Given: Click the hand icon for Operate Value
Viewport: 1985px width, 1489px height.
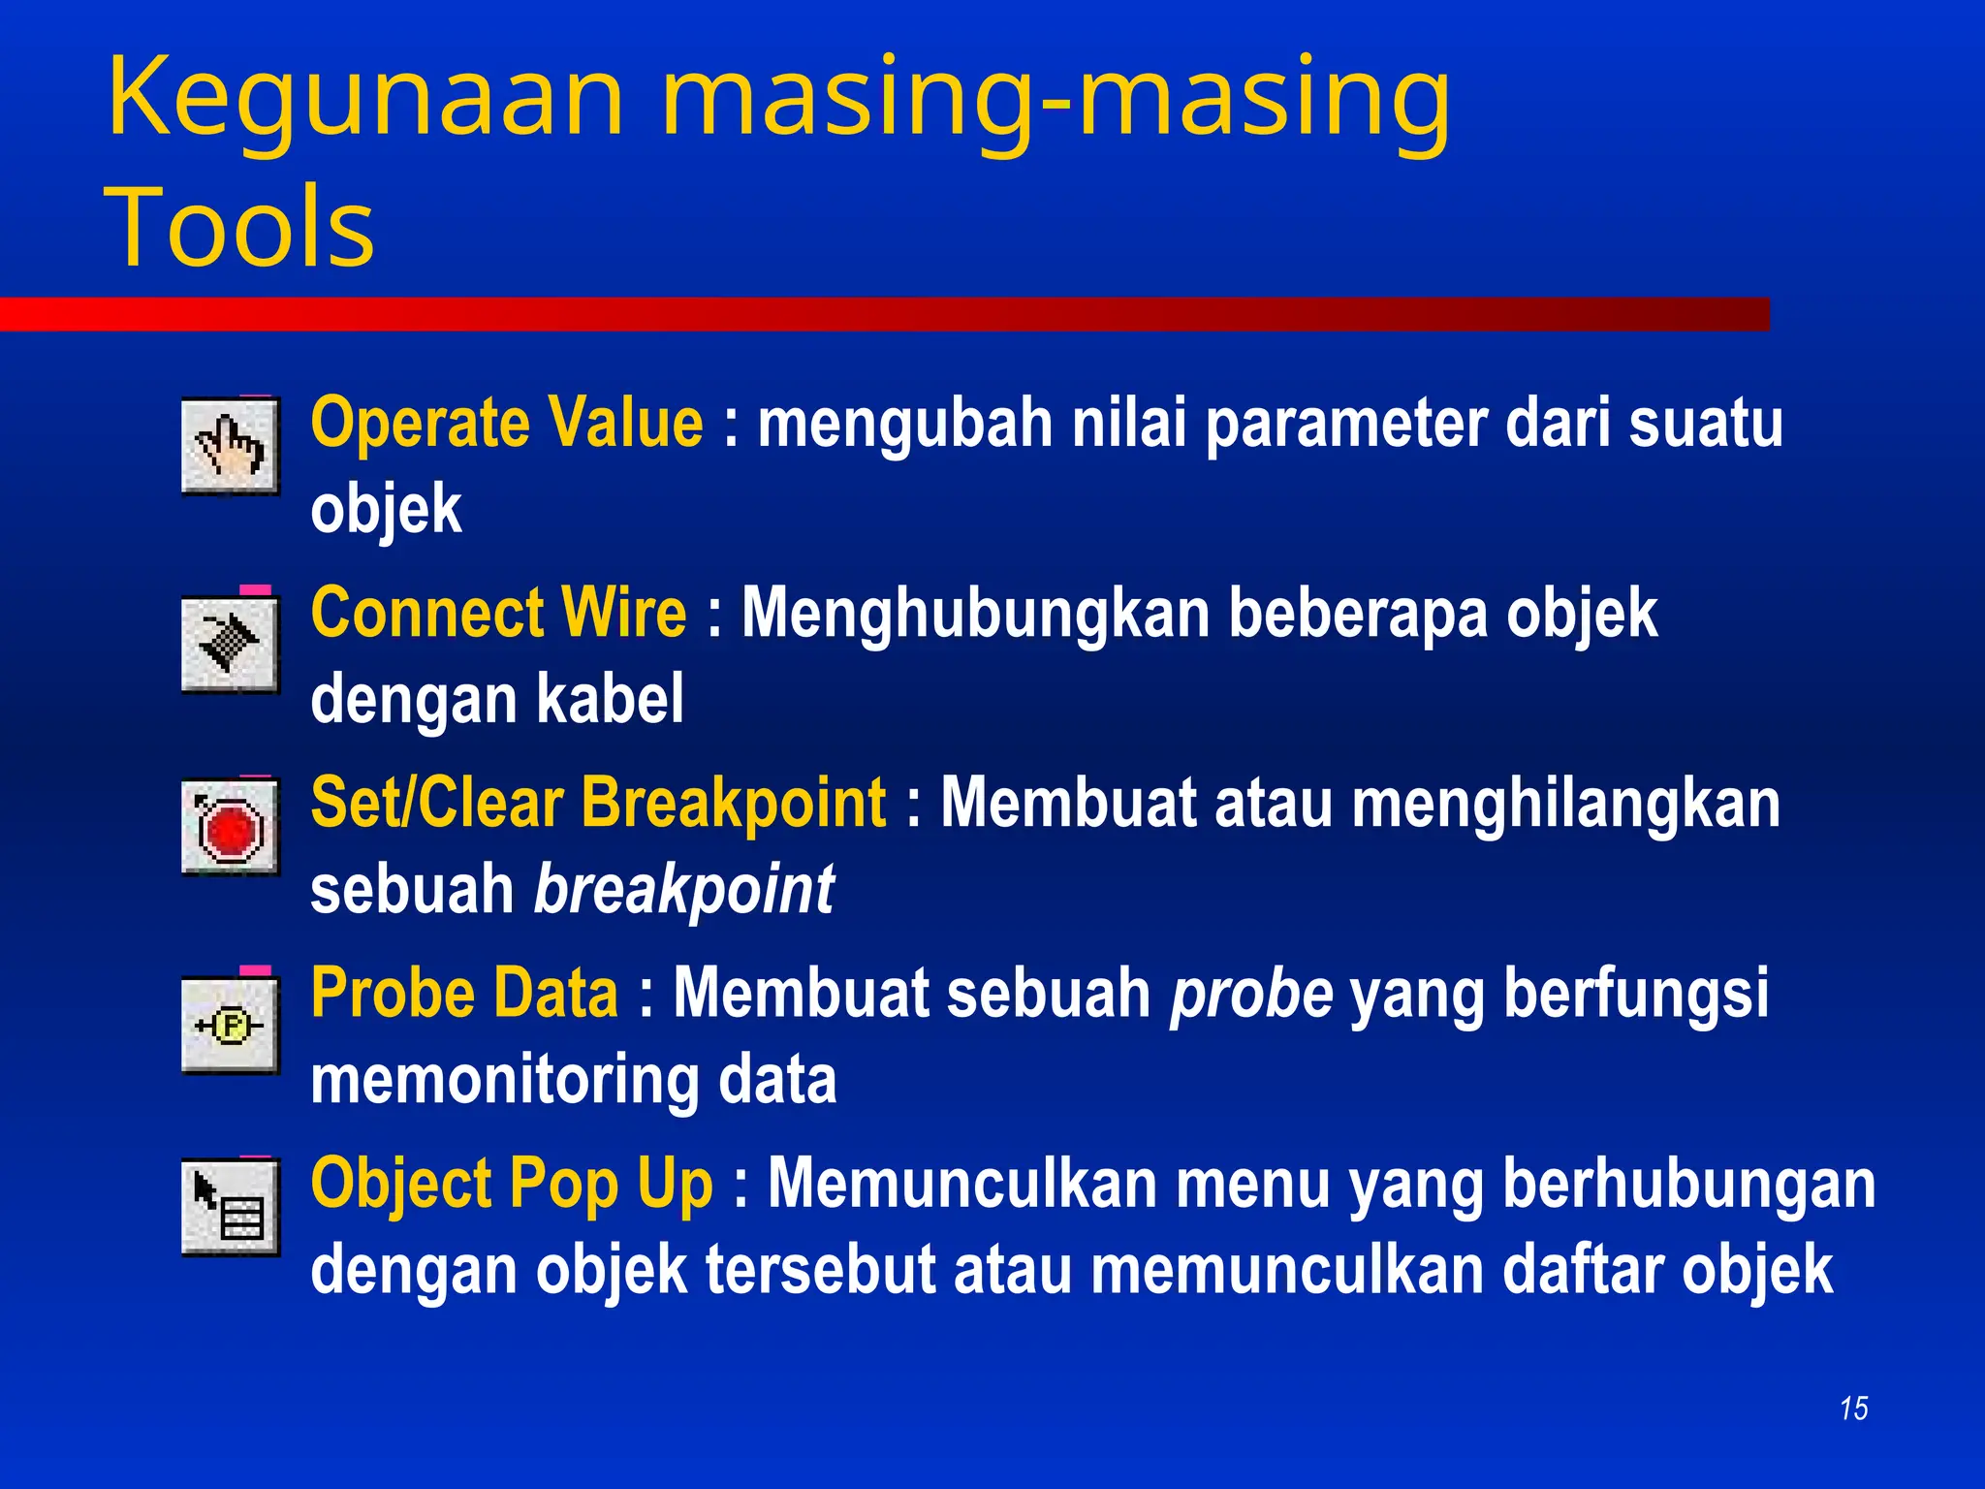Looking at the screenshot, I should [x=231, y=447].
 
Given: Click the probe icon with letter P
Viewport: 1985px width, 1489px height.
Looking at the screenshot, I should [x=231, y=1026].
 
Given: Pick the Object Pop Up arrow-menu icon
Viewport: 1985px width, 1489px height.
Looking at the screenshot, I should [x=231, y=1207].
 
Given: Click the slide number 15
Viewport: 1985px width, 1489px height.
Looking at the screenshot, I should [x=1853, y=1409].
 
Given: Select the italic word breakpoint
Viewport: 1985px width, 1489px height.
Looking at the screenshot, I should [x=683, y=890].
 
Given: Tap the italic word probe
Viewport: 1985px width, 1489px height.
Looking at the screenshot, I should [x=1251, y=995].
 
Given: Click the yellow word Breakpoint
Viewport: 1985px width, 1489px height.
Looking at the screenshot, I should [x=734, y=804].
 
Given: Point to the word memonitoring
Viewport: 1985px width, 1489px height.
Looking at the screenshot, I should [x=504, y=1080].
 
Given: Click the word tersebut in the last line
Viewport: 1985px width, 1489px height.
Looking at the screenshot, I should [x=820, y=1270].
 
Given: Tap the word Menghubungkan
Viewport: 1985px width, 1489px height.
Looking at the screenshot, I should [x=975, y=614].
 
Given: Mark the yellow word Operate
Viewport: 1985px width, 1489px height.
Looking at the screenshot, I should [x=419, y=425].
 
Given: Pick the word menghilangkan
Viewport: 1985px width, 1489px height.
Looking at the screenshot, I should [x=1565, y=804].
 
